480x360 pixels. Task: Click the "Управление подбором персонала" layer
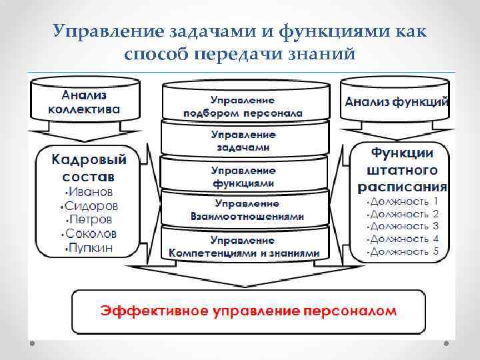click(x=243, y=107)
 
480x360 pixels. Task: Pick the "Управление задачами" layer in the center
click(x=243, y=141)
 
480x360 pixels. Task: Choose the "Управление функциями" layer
click(x=243, y=176)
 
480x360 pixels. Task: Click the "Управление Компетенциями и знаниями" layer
click(x=244, y=246)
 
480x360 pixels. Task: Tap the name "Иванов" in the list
click(x=91, y=192)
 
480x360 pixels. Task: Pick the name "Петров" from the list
click(x=91, y=220)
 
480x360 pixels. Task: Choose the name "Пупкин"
click(x=91, y=248)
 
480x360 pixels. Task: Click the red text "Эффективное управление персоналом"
click(x=248, y=311)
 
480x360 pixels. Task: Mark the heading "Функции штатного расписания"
click(x=402, y=168)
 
